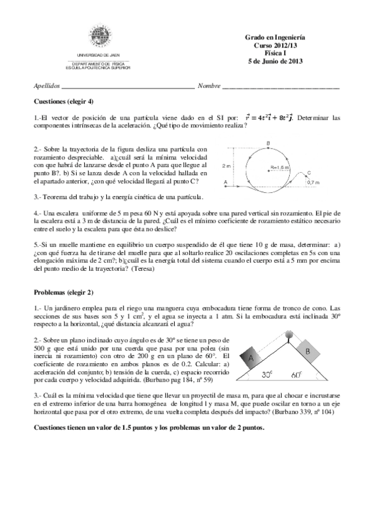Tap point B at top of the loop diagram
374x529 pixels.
coord(268,144)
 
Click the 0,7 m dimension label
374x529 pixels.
coord(314,182)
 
